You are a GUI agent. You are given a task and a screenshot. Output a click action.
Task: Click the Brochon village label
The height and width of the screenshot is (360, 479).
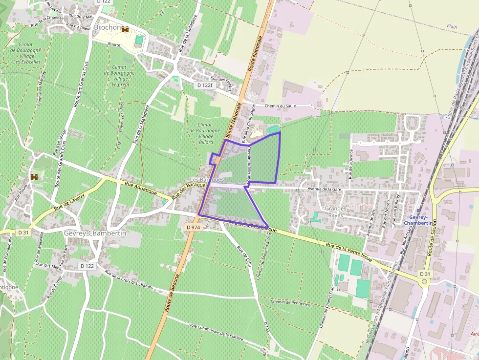(x=107, y=28)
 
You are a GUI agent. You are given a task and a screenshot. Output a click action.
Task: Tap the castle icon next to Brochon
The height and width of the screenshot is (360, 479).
(x=126, y=29)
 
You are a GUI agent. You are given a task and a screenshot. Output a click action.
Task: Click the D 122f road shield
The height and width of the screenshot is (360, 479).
(x=205, y=85)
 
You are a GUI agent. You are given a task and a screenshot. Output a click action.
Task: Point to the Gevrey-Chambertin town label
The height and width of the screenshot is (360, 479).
(x=95, y=233)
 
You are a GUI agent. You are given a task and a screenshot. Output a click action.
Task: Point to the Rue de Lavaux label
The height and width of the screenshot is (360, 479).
(x=69, y=202)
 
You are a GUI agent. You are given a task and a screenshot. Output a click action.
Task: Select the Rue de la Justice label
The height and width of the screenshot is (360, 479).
(x=350, y=164)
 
